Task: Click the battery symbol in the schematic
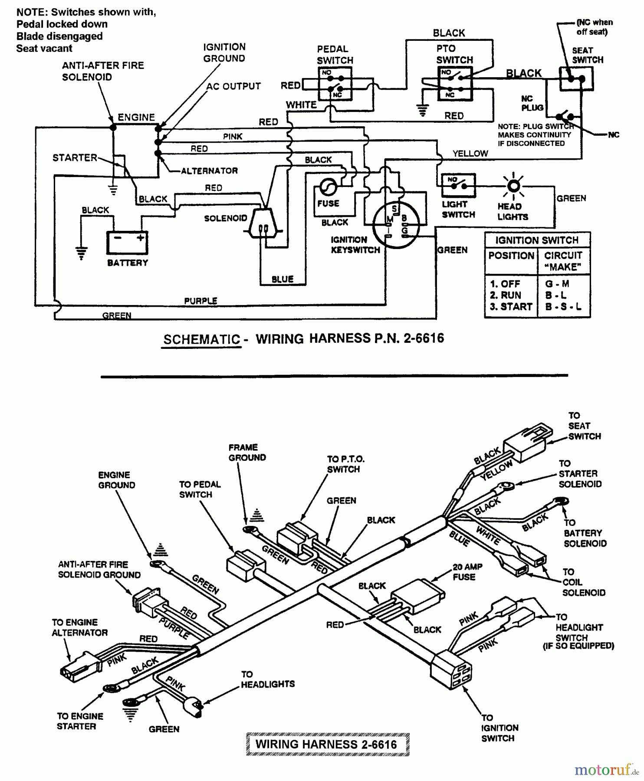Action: pyautogui.click(x=128, y=242)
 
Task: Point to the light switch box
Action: pyautogui.click(x=458, y=185)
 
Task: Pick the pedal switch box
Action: pyautogui.click(x=335, y=84)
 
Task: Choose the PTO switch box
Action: pyautogui.click(x=455, y=83)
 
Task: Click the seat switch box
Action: pyautogui.click(x=576, y=79)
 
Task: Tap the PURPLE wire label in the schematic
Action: pyautogui.click(x=200, y=301)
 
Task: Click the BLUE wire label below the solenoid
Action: pyautogui.click(x=283, y=279)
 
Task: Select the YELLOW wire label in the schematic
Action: pyautogui.click(x=470, y=153)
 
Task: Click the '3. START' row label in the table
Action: pyautogui.click(x=511, y=306)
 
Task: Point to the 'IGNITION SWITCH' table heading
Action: pyautogui.click(x=537, y=240)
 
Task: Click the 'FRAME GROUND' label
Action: pyautogui.click(x=247, y=452)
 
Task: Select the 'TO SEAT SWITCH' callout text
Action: pyautogui.click(x=584, y=426)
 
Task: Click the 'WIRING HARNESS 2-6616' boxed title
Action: pyautogui.click(x=326, y=744)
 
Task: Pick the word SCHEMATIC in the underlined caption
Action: pyautogui.click(x=201, y=339)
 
